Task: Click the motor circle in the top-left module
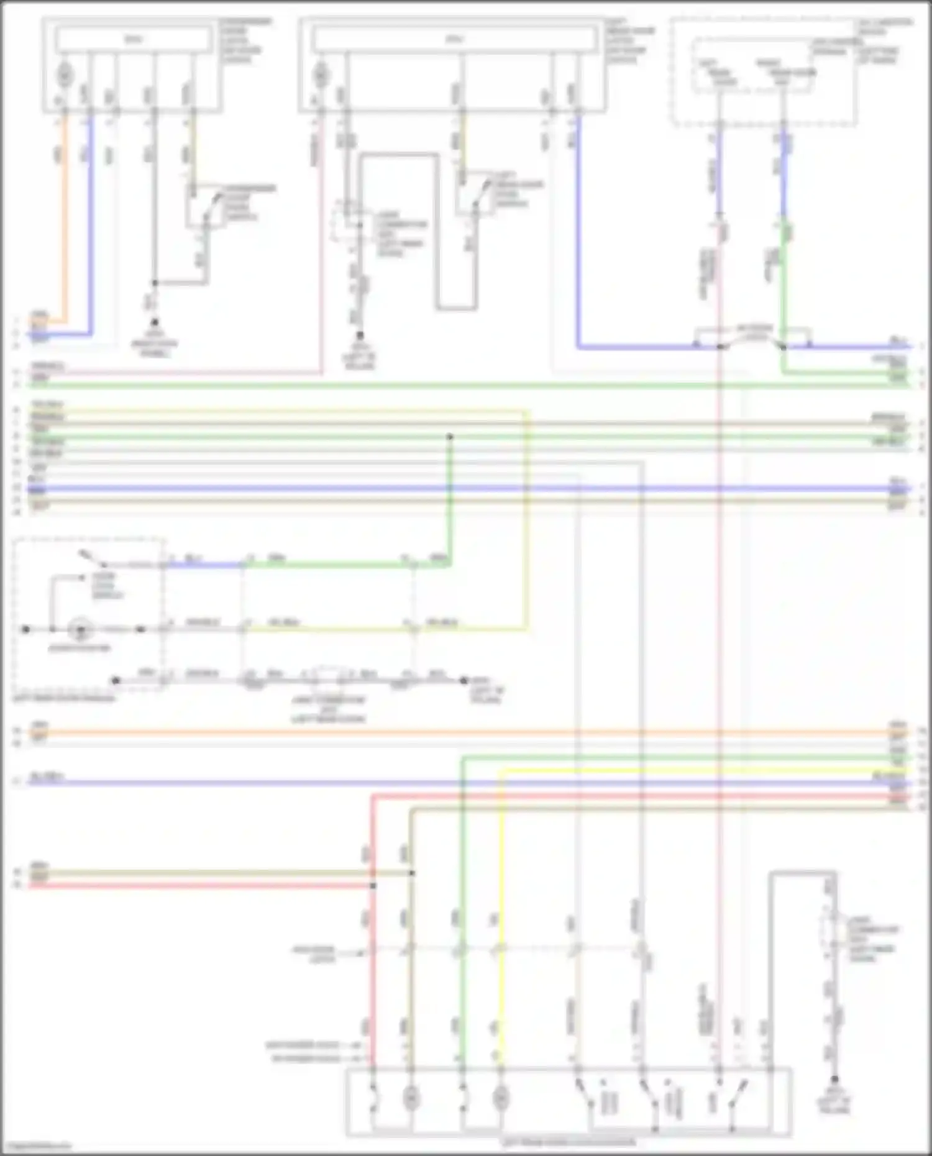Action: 65,75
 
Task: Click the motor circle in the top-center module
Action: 321,75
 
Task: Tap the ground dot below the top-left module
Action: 155,322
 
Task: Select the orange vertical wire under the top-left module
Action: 65,217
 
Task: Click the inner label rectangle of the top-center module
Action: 454,40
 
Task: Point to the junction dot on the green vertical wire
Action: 449,437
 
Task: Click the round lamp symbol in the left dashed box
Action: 80,629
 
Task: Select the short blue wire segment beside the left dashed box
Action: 205,565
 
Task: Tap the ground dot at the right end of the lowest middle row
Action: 464,681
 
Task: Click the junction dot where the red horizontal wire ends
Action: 373,885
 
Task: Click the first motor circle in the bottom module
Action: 410,1099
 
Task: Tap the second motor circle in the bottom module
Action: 500,1099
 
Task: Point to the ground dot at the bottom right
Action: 834,1080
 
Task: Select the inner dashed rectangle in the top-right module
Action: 752,66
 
